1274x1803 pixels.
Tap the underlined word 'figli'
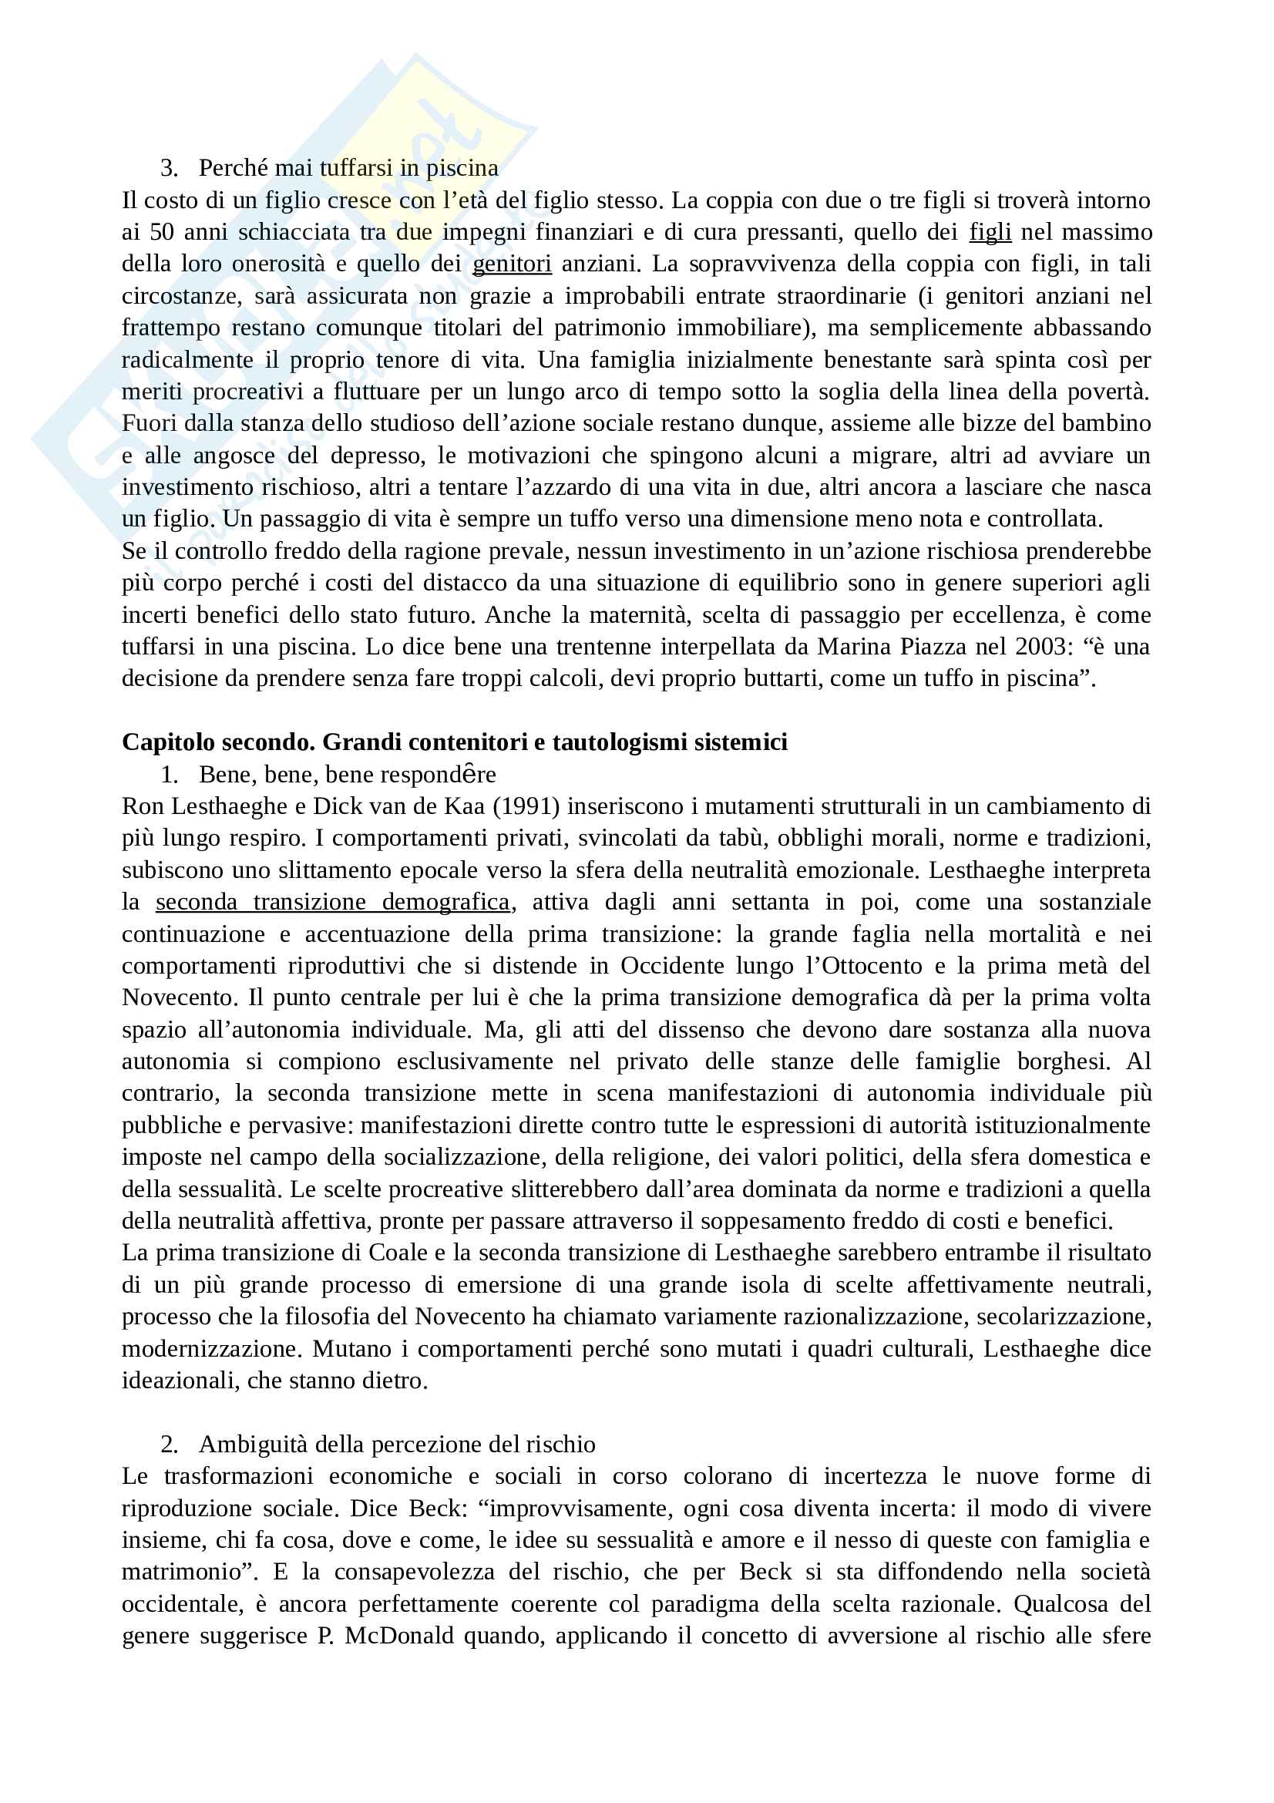990,233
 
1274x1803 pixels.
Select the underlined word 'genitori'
512,264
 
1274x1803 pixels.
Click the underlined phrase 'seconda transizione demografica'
333,903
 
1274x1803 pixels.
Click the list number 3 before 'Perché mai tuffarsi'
169,168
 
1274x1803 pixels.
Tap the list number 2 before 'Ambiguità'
169,1445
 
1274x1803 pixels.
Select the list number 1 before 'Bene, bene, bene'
169,775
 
